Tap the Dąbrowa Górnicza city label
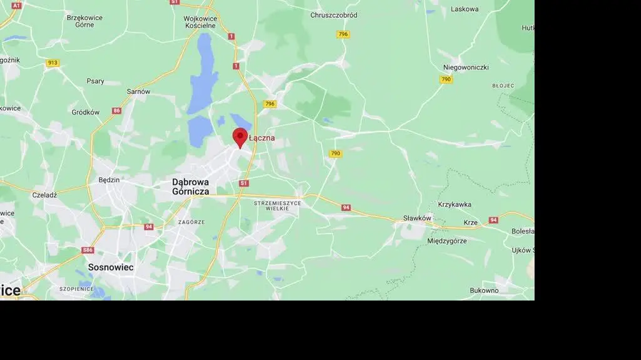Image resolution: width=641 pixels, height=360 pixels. pos(191,187)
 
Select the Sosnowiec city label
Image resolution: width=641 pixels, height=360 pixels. pos(111,267)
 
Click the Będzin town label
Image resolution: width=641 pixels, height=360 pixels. pos(109,180)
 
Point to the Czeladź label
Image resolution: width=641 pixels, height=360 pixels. pos(44,195)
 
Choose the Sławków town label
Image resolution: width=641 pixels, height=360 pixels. pos(417,218)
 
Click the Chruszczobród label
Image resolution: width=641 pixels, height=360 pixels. pos(334,15)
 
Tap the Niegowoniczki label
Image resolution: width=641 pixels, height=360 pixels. pos(466,67)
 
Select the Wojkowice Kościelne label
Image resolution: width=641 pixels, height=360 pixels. pos(200,22)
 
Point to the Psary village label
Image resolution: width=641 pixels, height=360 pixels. pos(96,81)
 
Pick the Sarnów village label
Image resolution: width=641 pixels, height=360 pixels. pos(138,91)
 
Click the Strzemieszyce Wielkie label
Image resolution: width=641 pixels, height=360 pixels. pos(277,205)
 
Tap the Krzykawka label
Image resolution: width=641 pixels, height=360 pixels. pos(454,205)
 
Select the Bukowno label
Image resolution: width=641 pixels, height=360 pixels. pos(484,291)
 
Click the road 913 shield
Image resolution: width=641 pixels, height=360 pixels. pos(53,63)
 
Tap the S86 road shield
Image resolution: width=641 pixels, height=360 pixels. pos(88,250)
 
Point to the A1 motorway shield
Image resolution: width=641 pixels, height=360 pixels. pos(16,5)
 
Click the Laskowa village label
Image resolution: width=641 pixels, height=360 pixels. pos(464,9)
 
